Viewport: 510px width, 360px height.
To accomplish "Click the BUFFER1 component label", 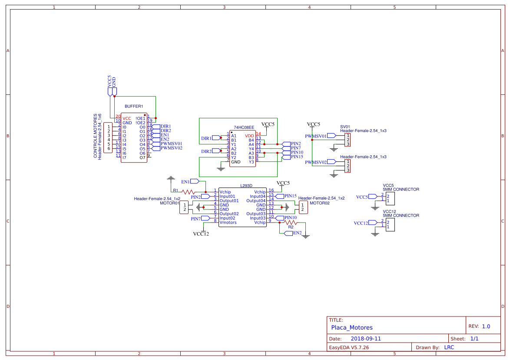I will [133, 107].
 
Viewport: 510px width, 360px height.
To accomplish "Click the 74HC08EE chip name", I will [244, 127].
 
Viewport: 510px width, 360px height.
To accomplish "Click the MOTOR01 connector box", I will [185, 207].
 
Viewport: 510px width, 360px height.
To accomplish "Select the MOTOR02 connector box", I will [303, 207].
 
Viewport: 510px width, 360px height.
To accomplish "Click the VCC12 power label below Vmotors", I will [201, 234].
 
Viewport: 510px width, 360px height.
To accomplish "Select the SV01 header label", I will [345, 127].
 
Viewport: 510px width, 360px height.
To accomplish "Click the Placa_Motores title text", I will [352, 327].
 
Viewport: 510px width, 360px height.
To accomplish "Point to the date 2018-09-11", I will [366, 339].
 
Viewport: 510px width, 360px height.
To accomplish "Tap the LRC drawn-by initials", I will [449, 347].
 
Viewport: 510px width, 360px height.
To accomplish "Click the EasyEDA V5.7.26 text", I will [349, 347].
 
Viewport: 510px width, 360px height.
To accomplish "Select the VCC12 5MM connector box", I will [390, 225].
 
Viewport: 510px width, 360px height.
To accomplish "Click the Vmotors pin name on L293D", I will [229, 223].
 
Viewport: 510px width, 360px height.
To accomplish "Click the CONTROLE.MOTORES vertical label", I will [96, 136].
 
